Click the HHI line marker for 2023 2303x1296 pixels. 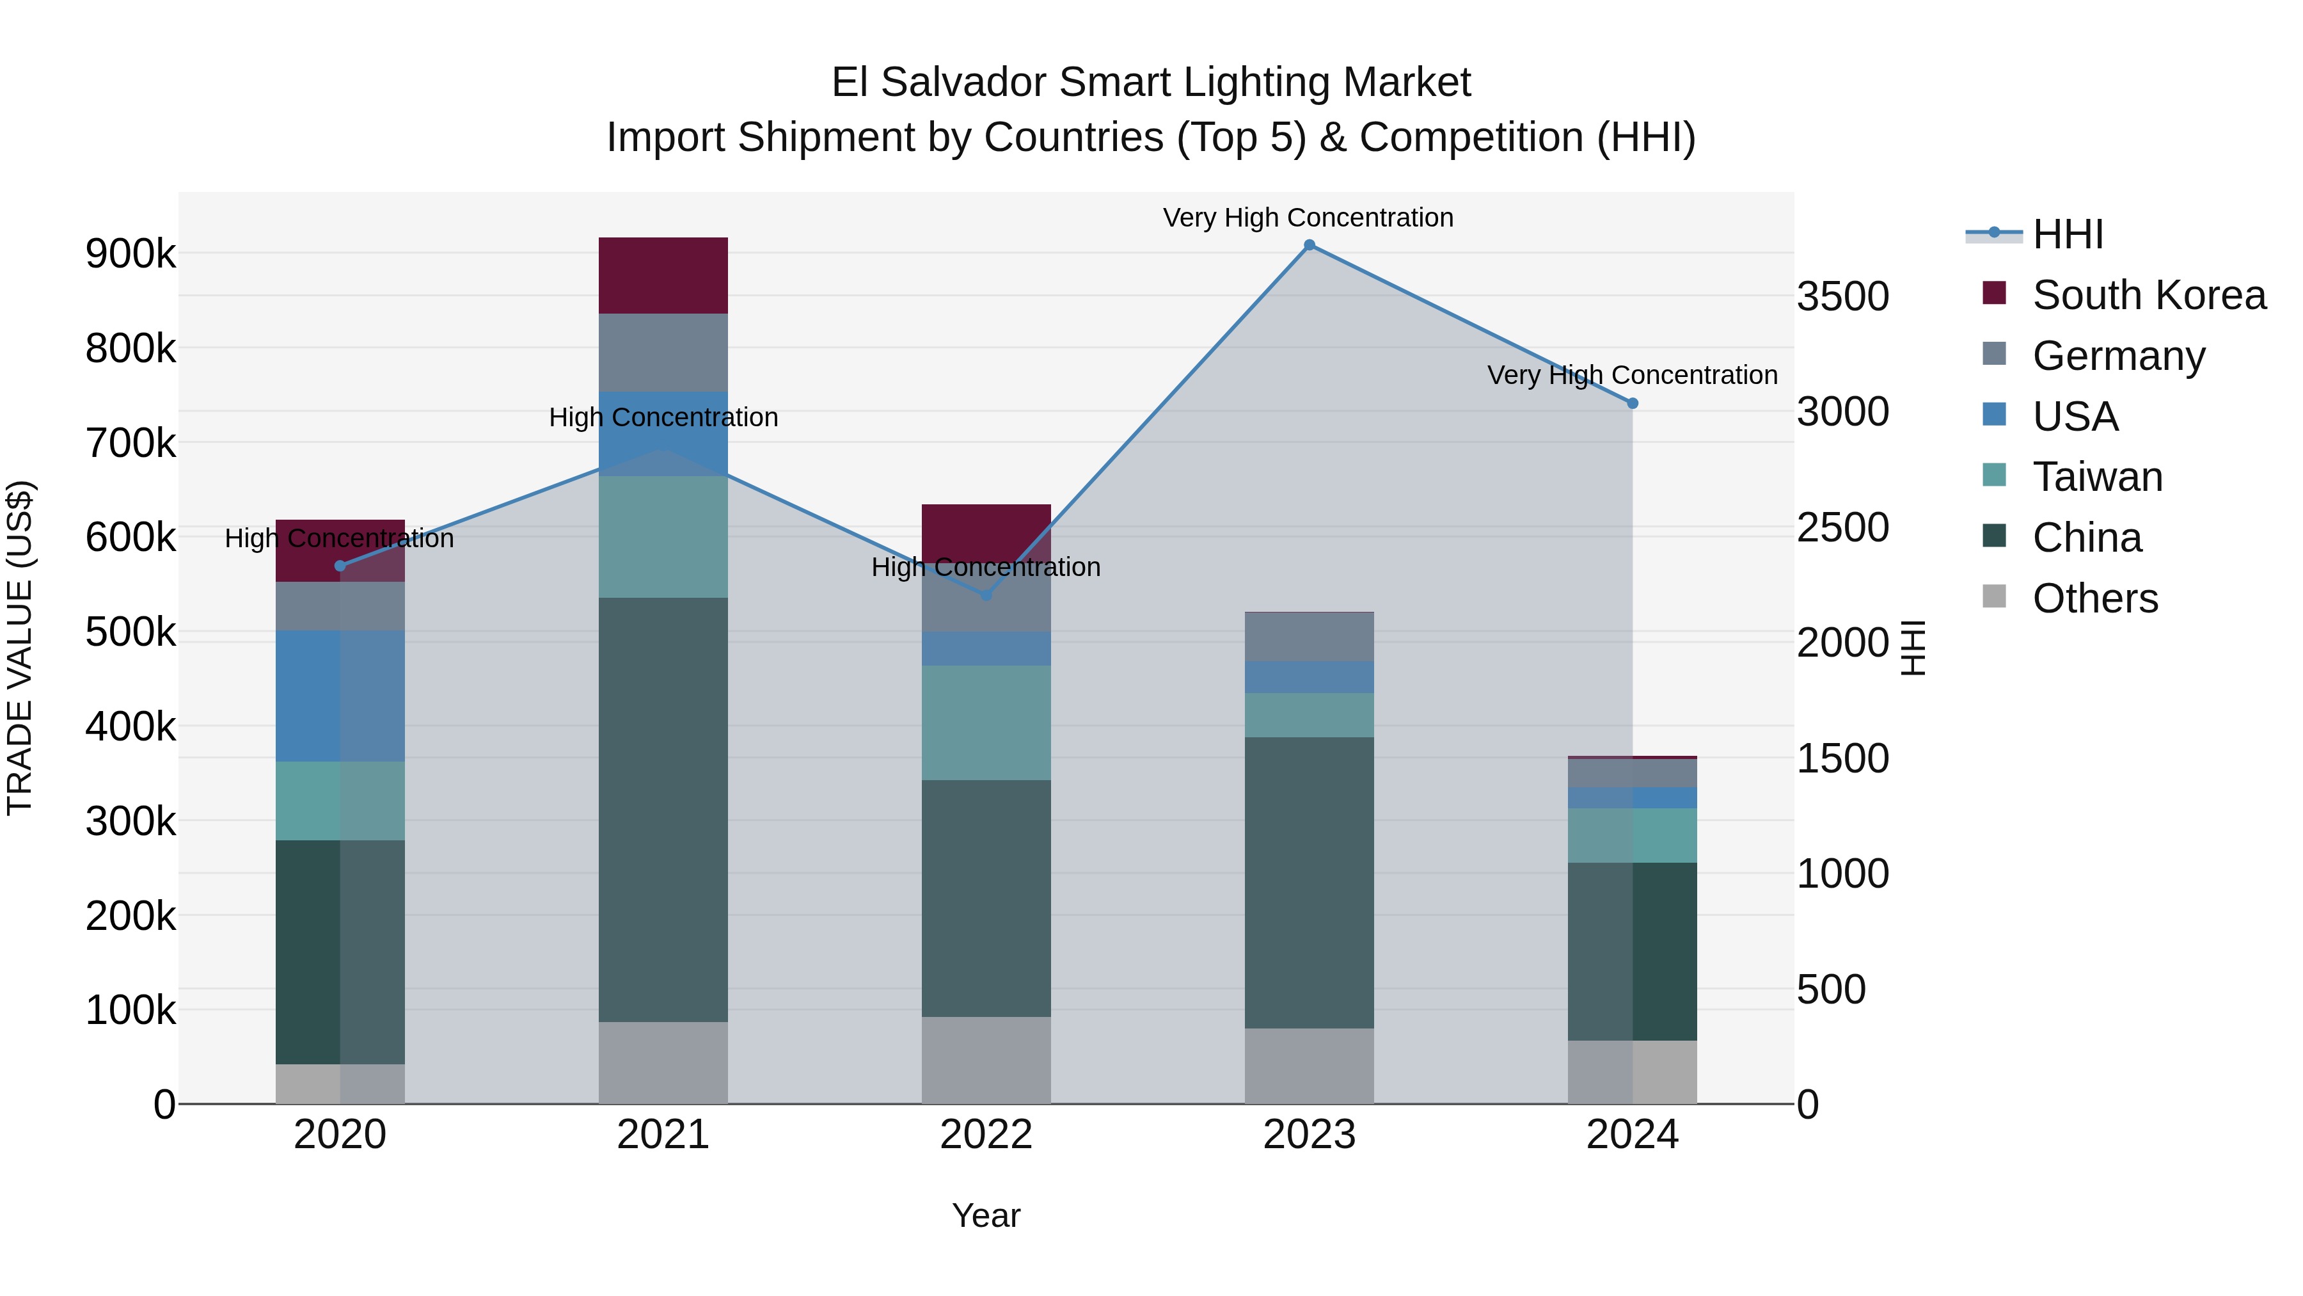pyautogui.click(x=1309, y=245)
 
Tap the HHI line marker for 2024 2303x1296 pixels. pyautogui.click(x=1633, y=403)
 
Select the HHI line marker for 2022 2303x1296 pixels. pyautogui.click(x=986, y=595)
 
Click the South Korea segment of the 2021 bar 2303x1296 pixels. pyautogui.click(x=663, y=275)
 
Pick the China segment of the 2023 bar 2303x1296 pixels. pyautogui.click(x=1309, y=882)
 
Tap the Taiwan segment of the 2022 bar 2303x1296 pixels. pyautogui.click(x=986, y=723)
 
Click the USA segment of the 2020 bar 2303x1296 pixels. pyautogui.click(x=340, y=696)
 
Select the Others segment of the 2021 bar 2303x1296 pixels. pyautogui.click(x=663, y=1062)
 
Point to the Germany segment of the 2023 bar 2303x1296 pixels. pyautogui.click(x=1309, y=637)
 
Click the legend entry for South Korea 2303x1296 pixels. pyautogui.click(x=2148, y=295)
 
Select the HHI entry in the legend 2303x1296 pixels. pyautogui.click(x=2067, y=234)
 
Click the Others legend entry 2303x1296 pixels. pyautogui.click(x=2094, y=598)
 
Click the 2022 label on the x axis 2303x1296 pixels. pyautogui.click(x=986, y=1135)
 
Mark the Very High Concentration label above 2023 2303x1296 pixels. pyautogui.click(x=1308, y=218)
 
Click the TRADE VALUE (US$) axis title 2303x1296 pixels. pyautogui.click(x=20, y=648)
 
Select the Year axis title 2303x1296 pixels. pyautogui.click(x=986, y=1215)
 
